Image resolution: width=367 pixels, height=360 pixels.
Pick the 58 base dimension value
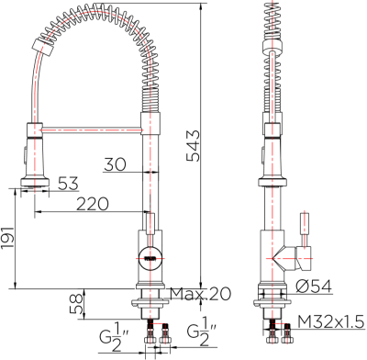78,301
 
